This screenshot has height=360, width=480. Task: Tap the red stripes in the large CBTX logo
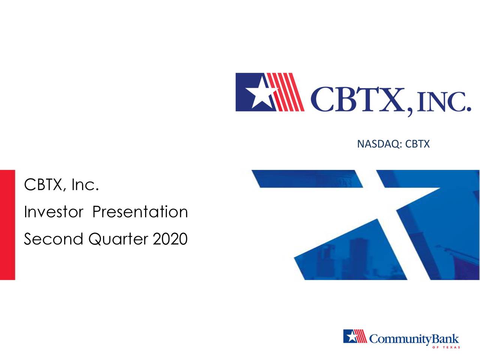[289, 92]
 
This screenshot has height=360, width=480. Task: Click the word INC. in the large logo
[442, 100]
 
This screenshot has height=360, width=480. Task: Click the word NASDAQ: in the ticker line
[380, 144]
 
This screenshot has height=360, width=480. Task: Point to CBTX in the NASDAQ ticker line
[417, 144]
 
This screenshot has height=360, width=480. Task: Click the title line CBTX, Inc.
[61, 184]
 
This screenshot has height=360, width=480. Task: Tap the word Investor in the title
[53, 212]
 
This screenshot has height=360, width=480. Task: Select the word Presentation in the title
[140, 212]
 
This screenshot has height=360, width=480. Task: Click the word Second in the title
[53, 239]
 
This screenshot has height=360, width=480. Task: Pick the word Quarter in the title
[118, 239]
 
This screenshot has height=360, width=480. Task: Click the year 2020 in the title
[170, 239]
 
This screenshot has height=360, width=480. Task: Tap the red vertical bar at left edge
[7, 225]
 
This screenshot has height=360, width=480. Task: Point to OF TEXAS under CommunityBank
[446, 348]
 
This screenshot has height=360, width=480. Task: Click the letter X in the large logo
[391, 100]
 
